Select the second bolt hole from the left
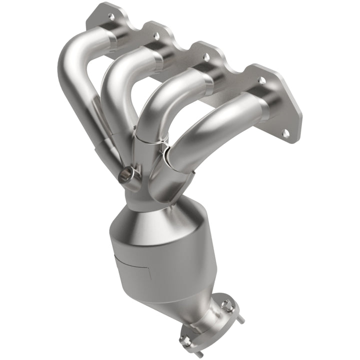click(156, 36)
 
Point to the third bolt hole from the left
click(205, 57)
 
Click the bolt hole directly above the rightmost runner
click(261, 80)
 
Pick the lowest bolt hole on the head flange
click(285, 133)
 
